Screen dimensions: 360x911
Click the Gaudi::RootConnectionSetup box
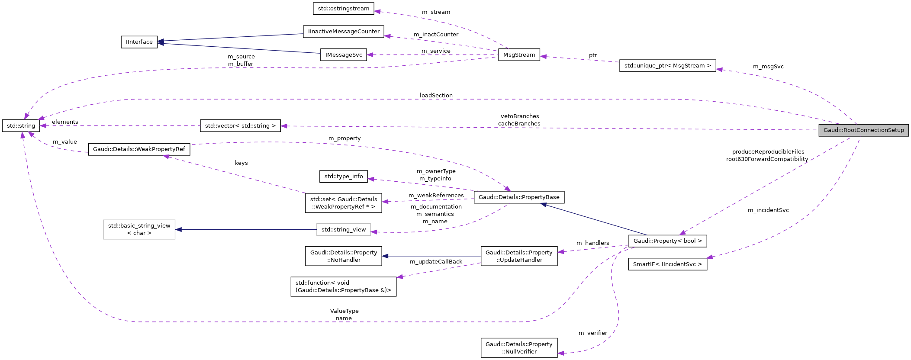[x=863, y=130]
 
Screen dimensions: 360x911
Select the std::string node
[x=21, y=126]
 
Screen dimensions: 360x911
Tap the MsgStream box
[x=519, y=55]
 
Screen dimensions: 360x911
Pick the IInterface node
[x=139, y=42]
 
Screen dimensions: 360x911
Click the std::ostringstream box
[x=344, y=8]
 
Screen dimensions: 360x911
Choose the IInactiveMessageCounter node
[x=344, y=32]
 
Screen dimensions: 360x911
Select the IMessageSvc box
[x=344, y=55]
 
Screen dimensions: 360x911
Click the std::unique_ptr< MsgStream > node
[x=667, y=66]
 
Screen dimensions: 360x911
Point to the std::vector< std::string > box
[x=240, y=126]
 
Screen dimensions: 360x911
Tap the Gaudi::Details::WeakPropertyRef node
[x=139, y=149]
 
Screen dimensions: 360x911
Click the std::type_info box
[x=344, y=177]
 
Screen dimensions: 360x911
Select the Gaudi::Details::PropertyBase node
[x=519, y=197]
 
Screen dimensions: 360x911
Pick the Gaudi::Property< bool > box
[x=667, y=241]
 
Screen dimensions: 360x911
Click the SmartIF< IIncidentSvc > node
[x=667, y=264]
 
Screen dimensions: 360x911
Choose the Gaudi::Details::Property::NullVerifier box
[x=519, y=348]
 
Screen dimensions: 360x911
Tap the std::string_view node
[x=344, y=230]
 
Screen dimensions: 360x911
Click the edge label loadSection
[x=436, y=96]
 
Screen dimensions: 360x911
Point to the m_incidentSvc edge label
[x=768, y=210]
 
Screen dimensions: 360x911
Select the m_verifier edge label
[x=592, y=333]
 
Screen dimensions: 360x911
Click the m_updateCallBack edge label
[x=436, y=262]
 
